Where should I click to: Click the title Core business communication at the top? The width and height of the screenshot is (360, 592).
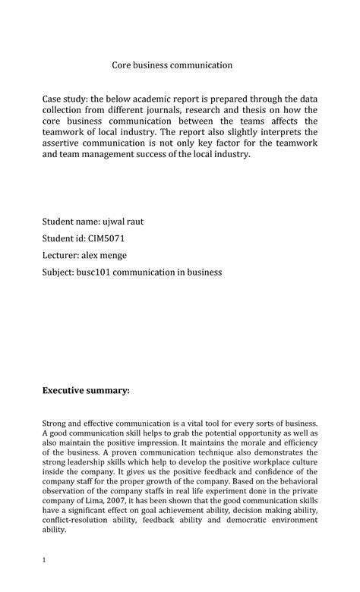pyautogui.click(x=172, y=65)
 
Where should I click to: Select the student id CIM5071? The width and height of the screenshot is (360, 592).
pyautogui.click(x=116, y=238)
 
